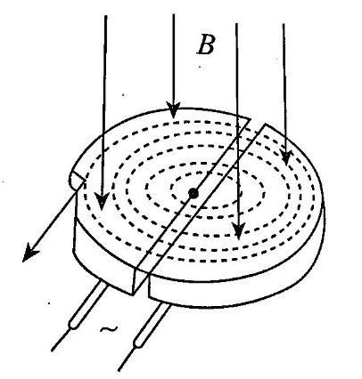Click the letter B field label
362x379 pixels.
[206, 45]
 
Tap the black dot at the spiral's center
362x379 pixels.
[193, 194]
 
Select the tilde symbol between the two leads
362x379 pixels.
[109, 329]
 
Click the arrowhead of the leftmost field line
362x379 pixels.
[102, 201]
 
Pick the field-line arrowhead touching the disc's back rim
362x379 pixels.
[173, 110]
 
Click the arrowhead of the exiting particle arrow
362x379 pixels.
[30, 253]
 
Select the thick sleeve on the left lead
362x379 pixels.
[87, 305]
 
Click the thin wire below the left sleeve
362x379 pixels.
[62, 340]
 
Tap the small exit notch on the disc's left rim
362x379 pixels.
[77, 179]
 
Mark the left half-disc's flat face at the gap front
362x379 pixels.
[140, 281]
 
